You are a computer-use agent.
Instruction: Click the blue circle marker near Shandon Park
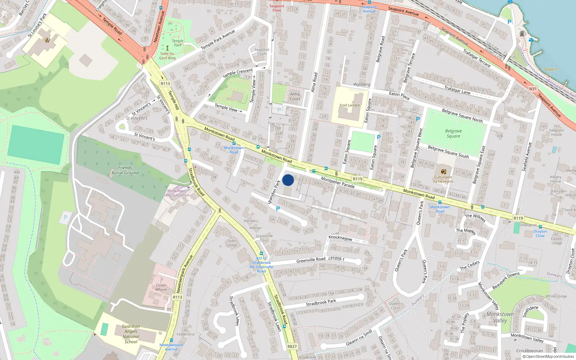(288, 180)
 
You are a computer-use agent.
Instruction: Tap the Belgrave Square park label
(453, 134)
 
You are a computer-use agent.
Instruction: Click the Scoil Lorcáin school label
(349, 105)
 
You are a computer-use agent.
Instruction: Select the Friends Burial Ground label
(125, 170)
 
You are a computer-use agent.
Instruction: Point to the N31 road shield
(533, 89)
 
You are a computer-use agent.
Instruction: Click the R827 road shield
(292, 347)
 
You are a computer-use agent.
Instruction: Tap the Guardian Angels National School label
(131, 334)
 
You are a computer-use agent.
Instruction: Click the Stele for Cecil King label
(167, 56)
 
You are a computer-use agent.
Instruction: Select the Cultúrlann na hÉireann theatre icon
(444, 171)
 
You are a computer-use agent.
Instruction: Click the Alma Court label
(295, 96)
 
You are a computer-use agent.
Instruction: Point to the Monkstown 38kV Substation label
(176, 193)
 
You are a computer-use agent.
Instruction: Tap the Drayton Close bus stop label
(540, 234)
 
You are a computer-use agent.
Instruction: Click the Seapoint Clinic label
(277, 8)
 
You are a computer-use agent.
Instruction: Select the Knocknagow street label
(341, 238)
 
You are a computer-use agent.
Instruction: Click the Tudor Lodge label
(232, 243)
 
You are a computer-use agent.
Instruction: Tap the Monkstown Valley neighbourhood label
(500, 317)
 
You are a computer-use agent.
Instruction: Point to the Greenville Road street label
(311, 260)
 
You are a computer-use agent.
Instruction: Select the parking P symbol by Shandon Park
(278, 209)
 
